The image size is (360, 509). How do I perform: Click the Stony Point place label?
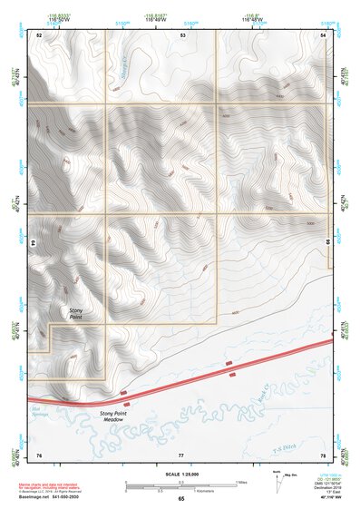(81, 314)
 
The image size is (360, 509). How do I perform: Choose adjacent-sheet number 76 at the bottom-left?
(39, 454)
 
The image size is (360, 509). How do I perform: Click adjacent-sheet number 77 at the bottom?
(181, 454)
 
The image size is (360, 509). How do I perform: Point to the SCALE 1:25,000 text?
(180, 473)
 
